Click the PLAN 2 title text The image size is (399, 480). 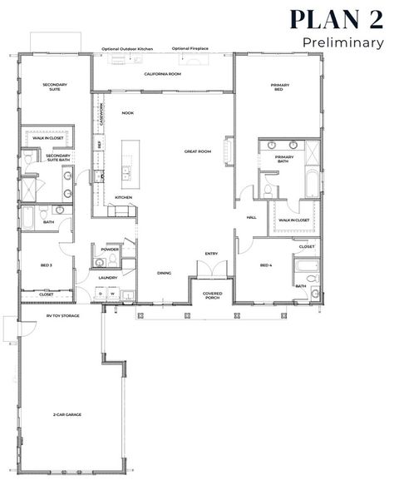(x=337, y=19)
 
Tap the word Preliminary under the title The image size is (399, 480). (x=343, y=42)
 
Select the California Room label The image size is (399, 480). (x=162, y=74)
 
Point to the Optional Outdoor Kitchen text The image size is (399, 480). (x=127, y=49)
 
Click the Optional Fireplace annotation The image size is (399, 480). (x=191, y=49)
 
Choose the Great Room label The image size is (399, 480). (x=198, y=151)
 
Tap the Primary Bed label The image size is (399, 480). (x=278, y=87)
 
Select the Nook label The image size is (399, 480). (x=127, y=112)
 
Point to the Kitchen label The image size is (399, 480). (x=123, y=197)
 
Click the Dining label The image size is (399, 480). (x=165, y=273)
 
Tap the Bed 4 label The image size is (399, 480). (x=266, y=265)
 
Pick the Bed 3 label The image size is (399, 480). (x=46, y=265)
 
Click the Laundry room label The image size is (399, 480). (x=106, y=278)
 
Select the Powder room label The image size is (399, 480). (x=110, y=249)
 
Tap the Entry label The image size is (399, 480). (x=211, y=254)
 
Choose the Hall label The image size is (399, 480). (x=251, y=218)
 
